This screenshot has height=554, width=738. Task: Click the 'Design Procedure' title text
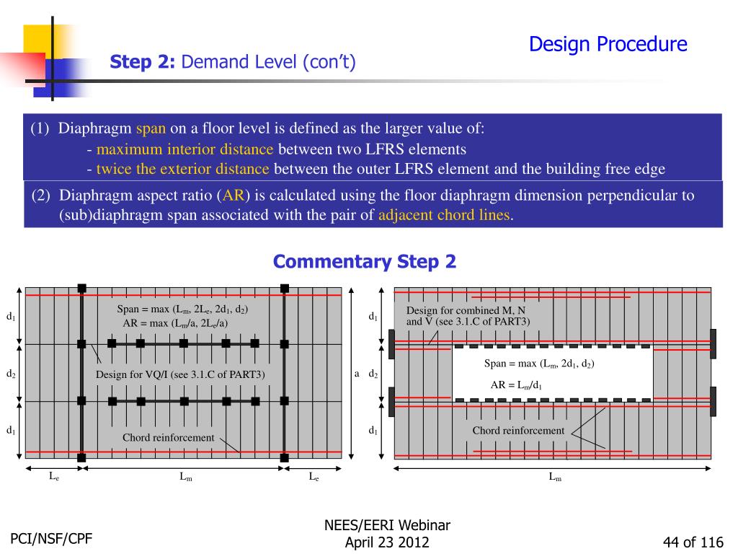[608, 45]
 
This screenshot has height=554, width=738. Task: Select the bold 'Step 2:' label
[143, 63]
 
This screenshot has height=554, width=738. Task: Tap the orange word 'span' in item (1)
[151, 129]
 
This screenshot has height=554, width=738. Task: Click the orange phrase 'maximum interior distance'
[185, 149]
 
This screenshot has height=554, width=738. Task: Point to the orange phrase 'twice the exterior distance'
[182, 169]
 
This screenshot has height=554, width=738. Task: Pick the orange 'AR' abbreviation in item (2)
[234, 195]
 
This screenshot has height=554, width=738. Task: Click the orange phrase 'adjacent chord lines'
[444, 215]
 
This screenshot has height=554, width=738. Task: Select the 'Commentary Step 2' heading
[365, 261]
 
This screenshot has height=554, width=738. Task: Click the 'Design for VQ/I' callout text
[180, 374]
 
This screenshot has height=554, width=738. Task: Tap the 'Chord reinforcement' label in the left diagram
[168, 437]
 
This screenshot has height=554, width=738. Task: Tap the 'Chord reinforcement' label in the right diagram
[518, 431]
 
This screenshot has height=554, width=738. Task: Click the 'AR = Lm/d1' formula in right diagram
[516, 385]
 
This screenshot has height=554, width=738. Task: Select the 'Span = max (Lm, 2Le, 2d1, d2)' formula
[182, 309]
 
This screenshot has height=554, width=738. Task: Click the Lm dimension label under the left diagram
[185, 477]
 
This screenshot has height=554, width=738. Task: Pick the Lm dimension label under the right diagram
[555, 477]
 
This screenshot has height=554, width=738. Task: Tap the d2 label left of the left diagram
[12, 374]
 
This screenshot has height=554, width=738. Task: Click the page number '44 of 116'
[693, 542]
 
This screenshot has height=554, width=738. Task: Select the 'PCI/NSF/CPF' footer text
[51, 538]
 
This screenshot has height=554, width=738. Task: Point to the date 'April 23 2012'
[387, 542]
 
